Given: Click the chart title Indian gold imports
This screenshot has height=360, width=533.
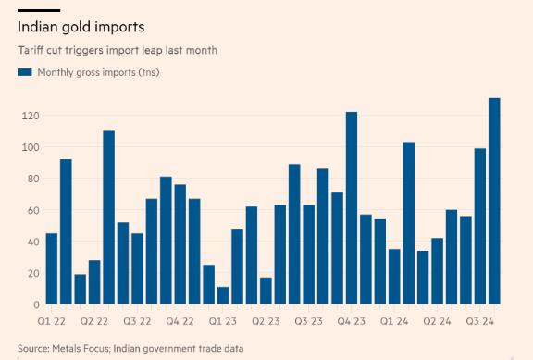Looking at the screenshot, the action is pyautogui.click(x=81, y=28).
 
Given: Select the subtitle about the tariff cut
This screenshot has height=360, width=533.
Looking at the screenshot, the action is pyautogui.click(x=118, y=50).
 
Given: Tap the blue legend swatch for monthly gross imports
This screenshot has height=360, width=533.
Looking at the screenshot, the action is pyautogui.click(x=25, y=72).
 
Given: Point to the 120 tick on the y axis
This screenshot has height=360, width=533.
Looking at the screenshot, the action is pyautogui.click(x=31, y=116).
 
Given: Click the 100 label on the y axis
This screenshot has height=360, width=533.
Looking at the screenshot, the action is pyautogui.click(x=31, y=147).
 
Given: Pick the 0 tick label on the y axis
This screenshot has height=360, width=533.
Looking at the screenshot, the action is pyautogui.click(x=36, y=304).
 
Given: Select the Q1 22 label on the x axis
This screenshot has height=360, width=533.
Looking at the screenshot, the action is pyautogui.click(x=51, y=321).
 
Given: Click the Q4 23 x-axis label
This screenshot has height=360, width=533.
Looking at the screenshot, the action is pyautogui.click(x=351, y=321).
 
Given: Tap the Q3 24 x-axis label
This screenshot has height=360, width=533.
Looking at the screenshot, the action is pyautogui.click(x=479, y=321).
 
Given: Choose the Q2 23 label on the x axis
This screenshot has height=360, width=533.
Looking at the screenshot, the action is pyautogui.click(x=266, y=321).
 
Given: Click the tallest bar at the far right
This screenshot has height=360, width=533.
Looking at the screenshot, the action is pyautogui.click(x=494, y=201).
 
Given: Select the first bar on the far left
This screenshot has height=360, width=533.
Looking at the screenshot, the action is pyautogui.click(x=52, y=268).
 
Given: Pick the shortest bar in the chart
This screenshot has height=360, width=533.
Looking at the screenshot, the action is pyautogui.click(x=223, y=295).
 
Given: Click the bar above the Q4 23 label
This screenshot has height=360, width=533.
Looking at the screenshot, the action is pyautogui.click(x=352, y=208).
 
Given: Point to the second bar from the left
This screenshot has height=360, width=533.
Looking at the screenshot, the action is pyautogui.click(x=66, y=231).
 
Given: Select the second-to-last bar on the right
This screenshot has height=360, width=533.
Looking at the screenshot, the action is pyautogui.click(x=480, y=226).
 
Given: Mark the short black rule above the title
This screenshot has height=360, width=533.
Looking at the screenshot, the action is pyautogui.click(x=39, y=11).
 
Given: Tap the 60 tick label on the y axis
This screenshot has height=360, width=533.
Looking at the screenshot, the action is pyautogui.click(x=32, y=210).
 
